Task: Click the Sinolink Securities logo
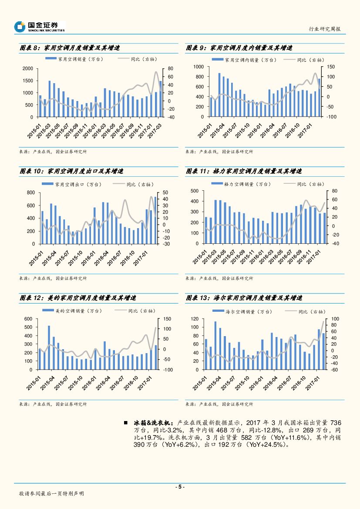(39, 27)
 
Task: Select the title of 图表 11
(244, 172)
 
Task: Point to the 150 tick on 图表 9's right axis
(330, 67)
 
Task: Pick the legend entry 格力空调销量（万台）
(241, 184)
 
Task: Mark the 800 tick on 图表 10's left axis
(30, 192)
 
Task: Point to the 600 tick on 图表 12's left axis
(28, 319)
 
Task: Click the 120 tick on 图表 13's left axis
(195, 319)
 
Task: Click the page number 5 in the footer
(180, 487)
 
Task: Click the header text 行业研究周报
(324, 29)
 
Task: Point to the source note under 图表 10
(53, 278)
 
